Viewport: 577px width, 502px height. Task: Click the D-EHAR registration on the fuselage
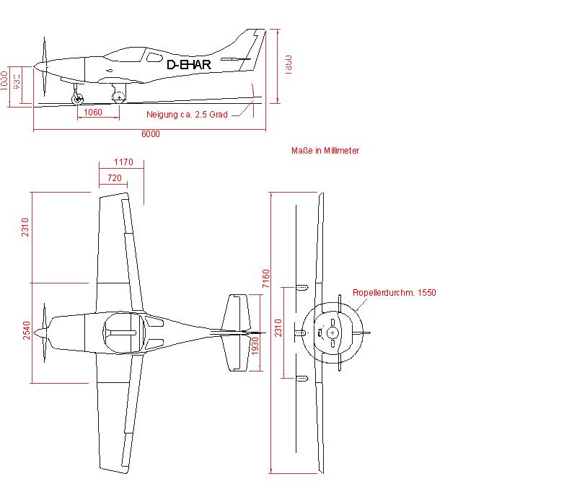coord(188,65)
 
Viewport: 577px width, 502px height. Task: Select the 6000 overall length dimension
coord(151,134)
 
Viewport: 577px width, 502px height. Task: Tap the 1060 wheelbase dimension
coord(93,113)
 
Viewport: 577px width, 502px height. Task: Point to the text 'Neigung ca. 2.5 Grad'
coord(187,115)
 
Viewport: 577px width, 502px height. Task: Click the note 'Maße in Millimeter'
coord(325,151)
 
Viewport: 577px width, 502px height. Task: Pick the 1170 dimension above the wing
coord(123,162)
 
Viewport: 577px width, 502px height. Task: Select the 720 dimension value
coord(114,177)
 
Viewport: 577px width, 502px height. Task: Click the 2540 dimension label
coord(26,331)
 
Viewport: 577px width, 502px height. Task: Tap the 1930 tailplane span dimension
coord(255,346)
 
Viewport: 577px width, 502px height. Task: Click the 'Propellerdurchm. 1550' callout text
coord(395,293)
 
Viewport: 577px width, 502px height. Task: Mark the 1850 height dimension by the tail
coord(287,63)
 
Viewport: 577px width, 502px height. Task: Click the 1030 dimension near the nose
coord(5,80)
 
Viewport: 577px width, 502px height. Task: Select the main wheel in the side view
coord(119,97)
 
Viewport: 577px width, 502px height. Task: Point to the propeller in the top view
coord(45,332)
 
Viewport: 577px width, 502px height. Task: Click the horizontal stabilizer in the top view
coord(236,332)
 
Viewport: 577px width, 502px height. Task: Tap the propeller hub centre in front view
coord(332,333)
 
